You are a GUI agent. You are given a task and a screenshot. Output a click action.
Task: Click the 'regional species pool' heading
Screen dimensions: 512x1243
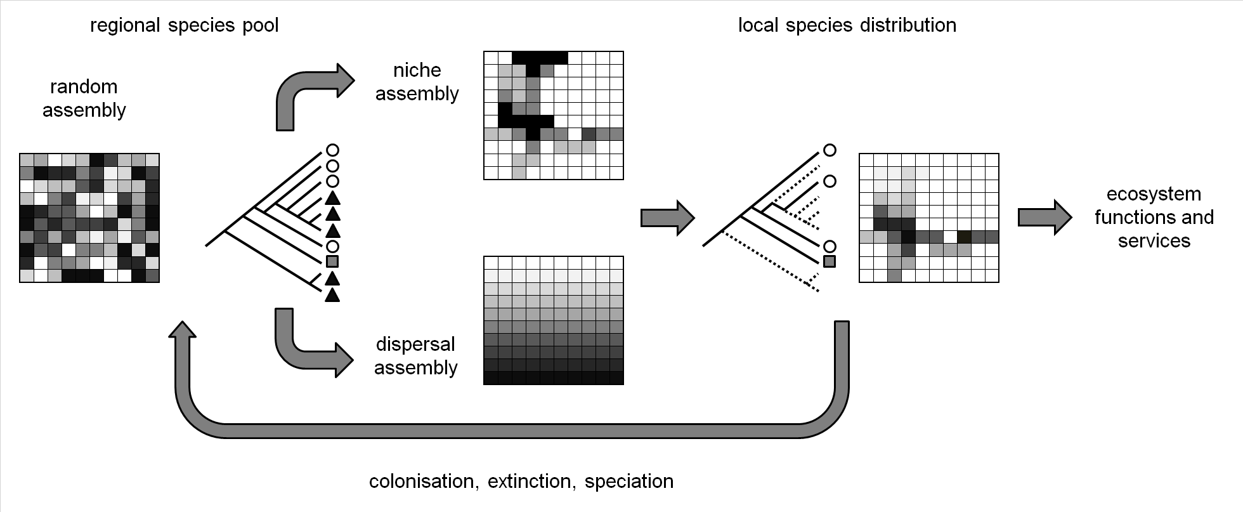(184, 26)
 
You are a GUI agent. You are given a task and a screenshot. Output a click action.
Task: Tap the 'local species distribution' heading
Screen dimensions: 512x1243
(847, 26)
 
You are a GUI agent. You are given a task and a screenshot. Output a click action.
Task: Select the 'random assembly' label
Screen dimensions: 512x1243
(84, 98)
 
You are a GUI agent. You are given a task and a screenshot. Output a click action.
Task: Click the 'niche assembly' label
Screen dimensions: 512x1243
(417, 82)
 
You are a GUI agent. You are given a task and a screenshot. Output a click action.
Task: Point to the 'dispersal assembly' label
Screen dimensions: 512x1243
(415, 356)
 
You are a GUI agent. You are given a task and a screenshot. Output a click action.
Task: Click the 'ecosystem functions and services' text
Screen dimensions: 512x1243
(1154, 217)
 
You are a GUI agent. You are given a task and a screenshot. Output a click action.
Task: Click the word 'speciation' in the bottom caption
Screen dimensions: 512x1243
(628, 482)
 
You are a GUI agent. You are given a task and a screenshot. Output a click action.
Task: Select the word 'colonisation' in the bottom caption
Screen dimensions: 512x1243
(421, 482)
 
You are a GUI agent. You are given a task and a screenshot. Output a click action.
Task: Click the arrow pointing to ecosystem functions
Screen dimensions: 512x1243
(1044, 218)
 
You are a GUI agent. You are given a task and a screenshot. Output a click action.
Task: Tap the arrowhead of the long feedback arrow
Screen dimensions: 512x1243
(184, 330)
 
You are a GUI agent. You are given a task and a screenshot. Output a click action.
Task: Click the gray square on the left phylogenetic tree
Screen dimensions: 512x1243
(332, 261)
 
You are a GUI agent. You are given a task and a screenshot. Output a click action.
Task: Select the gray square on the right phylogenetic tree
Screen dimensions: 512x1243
(830, 261)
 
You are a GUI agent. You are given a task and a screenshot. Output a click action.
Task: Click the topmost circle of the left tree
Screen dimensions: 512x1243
(332, 150)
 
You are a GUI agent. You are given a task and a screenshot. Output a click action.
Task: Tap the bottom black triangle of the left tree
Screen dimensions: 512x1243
(332, 295)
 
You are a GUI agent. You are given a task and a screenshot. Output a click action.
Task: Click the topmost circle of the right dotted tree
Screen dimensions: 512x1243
(830, 150)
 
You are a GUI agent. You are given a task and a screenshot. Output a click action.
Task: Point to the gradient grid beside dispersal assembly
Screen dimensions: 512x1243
(553, 320)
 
